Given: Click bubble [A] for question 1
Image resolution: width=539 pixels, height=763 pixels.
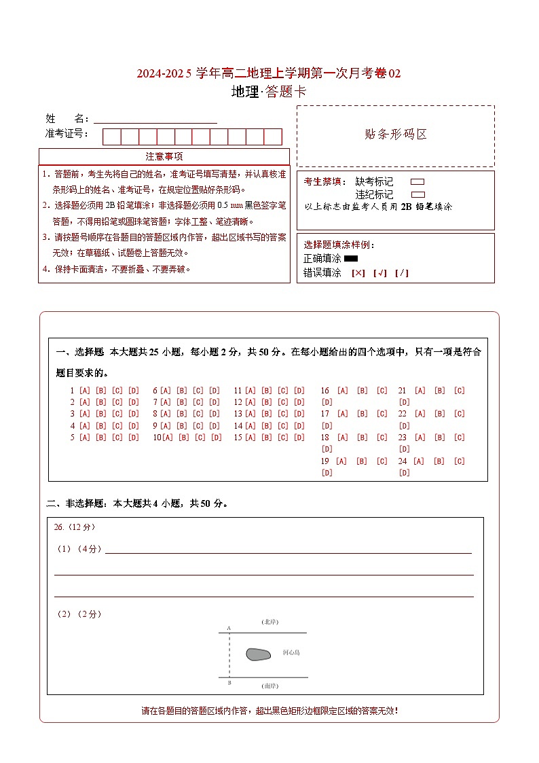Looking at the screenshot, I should pos(85,391).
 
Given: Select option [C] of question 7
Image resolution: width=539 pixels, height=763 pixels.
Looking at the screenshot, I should pos(198,402).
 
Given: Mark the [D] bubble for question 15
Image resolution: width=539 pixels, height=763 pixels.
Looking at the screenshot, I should pos(299,438).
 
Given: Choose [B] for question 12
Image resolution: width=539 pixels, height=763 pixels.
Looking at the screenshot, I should pos(266,402).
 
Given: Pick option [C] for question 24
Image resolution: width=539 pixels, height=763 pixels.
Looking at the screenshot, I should pos(460,461).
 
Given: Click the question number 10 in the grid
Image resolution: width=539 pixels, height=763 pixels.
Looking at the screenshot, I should pos(157,438).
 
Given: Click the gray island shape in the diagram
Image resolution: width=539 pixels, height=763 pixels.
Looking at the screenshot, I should pos(258,654).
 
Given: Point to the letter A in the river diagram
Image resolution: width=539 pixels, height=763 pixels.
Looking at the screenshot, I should pos(229,628).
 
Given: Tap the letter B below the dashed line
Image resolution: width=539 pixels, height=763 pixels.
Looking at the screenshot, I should pos(229,683).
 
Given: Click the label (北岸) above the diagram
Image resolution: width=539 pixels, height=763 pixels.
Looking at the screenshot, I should pos(270,622).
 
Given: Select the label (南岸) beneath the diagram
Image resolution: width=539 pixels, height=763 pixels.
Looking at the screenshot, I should pos(270,686).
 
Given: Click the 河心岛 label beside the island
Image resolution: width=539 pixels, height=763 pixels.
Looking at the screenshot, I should pos(291,653).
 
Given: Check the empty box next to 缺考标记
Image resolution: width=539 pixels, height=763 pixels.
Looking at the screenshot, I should pos(418,182).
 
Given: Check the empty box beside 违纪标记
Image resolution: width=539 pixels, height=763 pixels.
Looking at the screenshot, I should pos(418,194).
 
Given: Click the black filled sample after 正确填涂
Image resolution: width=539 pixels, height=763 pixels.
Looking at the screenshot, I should pos(351,258).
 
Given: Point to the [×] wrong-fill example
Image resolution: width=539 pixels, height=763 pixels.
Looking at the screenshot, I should pos(358,273).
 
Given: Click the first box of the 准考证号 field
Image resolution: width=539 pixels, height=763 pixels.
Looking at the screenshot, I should pos(111,137).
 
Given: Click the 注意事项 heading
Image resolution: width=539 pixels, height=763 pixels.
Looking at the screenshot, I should pos(164,157).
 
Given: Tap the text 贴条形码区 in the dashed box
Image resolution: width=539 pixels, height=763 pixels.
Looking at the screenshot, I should pos(396,135).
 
